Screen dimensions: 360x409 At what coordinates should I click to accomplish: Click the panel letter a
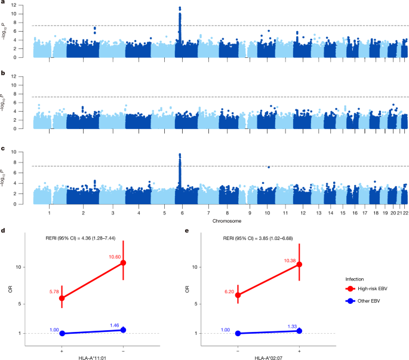click(x=4, y=4)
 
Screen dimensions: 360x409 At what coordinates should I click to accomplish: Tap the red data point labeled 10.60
click(x=123, y=263)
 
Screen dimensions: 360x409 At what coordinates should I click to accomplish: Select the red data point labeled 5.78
click(x=61, y=298)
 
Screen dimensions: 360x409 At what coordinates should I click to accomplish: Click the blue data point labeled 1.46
click(x=123, y=330)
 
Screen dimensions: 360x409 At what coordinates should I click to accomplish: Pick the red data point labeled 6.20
click(x=239, y=295)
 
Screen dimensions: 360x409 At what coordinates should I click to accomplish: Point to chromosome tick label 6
click(x=179, y=213)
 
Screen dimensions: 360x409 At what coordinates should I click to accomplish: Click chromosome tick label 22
click(x=405, y=213)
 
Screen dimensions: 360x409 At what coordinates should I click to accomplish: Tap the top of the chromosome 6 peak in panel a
click(x=180, y=8)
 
